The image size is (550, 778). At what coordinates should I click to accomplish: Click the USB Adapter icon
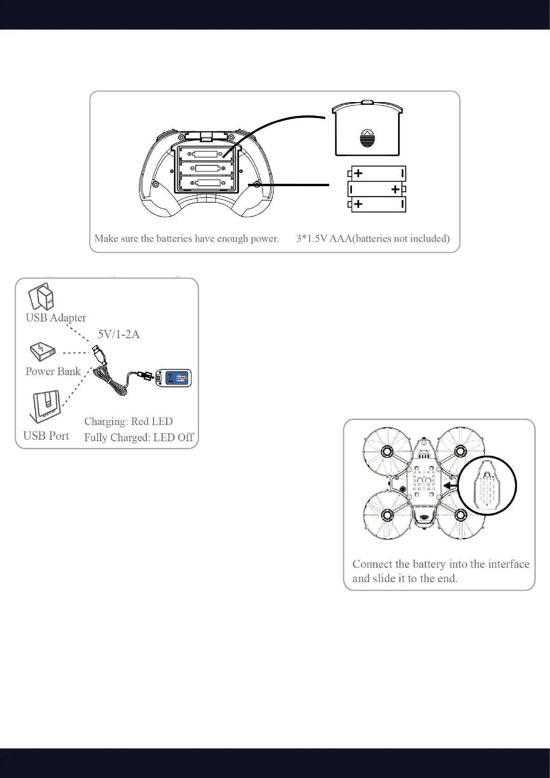[41, 297]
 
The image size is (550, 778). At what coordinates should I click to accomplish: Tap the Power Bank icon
[42, 352]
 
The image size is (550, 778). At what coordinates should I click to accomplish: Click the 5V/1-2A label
[119, 334]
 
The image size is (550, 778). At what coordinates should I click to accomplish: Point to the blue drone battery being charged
[174, 378]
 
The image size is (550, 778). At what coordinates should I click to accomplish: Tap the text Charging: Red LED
[128, 421]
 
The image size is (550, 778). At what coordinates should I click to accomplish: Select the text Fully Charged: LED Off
[139, 437]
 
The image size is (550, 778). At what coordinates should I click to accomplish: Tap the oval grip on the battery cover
[367, 138]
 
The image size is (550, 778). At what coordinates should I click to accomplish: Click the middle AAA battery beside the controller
[377, 189]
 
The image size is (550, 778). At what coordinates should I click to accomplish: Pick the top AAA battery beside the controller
[377, 174]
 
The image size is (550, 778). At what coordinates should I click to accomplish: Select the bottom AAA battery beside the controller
[377, 204]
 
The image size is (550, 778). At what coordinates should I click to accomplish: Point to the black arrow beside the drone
[449, 486]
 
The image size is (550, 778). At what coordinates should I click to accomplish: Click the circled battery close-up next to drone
[487, 485]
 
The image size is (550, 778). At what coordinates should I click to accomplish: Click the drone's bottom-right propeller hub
[460, 515]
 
